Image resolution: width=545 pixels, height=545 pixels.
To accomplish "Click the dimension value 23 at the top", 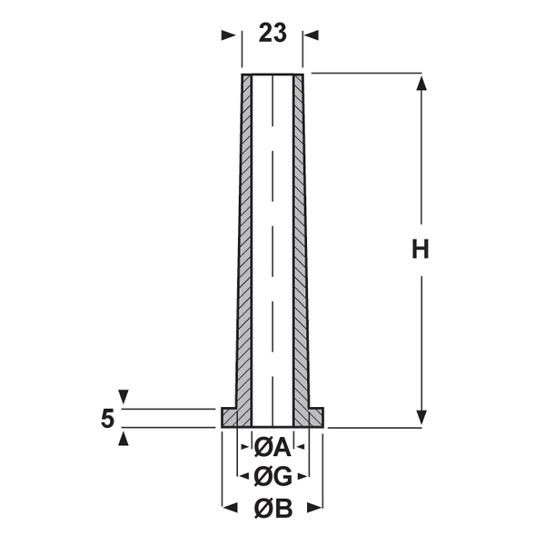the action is pos(272,33).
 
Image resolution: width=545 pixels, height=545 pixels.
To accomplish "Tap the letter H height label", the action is pos(421,249).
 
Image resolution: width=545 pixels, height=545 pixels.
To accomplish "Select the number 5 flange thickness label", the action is pos(107,419).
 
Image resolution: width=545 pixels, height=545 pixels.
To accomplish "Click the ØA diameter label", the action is pos(272,447).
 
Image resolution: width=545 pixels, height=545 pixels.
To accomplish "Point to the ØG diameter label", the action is pos(272,477).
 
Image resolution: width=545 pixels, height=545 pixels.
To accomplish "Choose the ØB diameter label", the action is pos(273,509).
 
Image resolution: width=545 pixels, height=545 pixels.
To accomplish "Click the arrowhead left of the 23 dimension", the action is pos(228,35).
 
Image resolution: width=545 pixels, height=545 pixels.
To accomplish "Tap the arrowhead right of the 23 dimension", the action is pos(311,35).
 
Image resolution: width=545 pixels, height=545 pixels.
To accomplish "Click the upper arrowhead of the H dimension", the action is pos(421,84).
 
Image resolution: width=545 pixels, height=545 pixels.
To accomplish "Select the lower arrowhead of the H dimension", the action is pos(421,417).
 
